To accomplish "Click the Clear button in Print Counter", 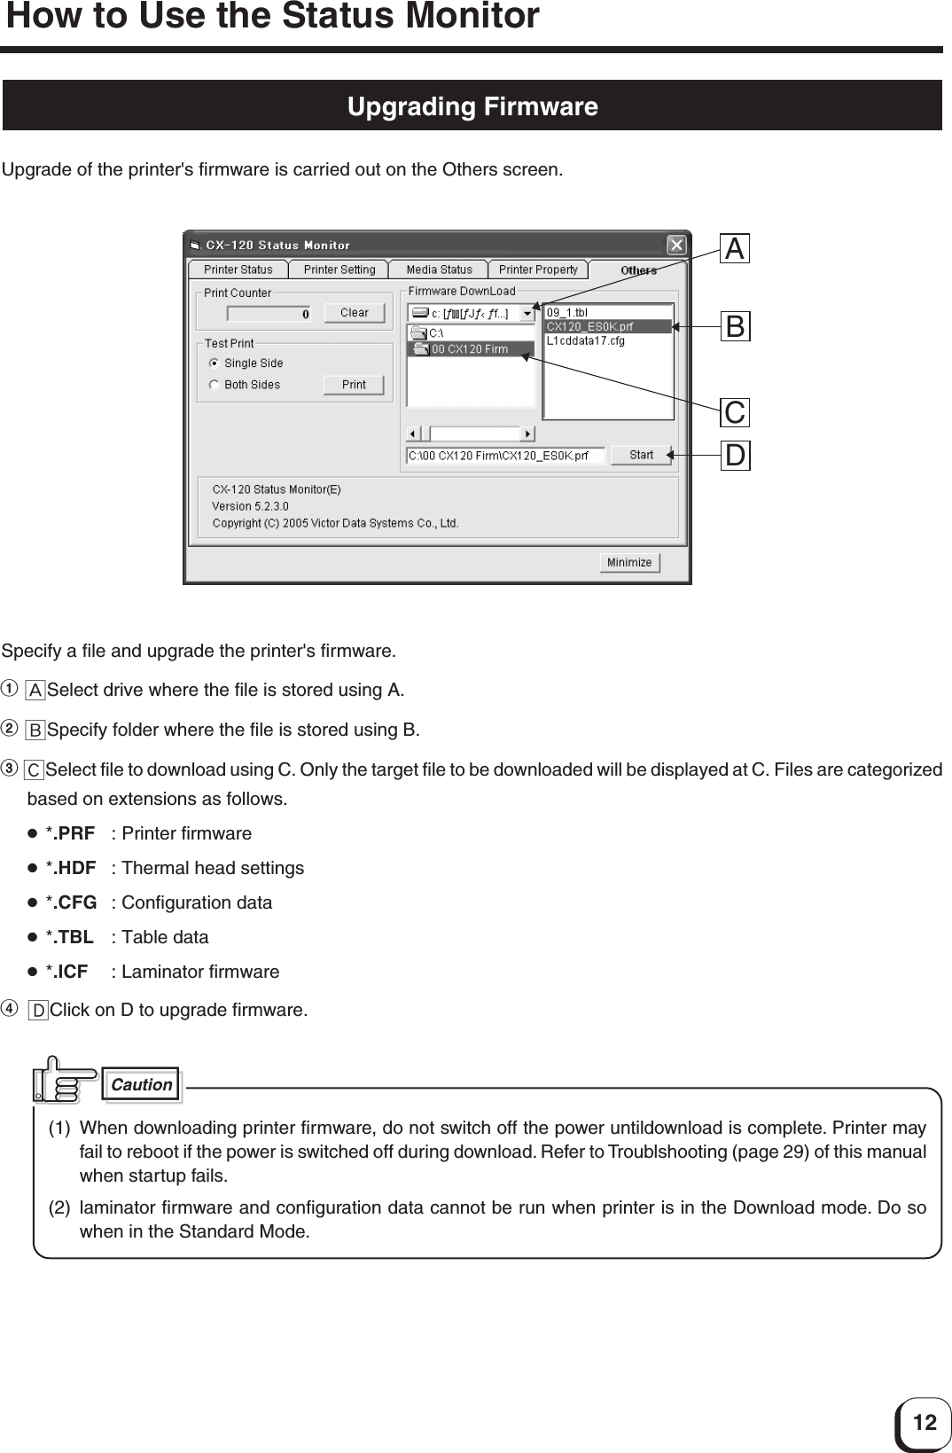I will [x=354, y=313].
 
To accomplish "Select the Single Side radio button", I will [x=214, y=363].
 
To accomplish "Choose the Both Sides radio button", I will [x=214, y=385].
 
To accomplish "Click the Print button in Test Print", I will [x=354, y=385].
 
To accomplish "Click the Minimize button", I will [x=629, y=563].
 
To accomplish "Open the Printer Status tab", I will [x=238, y=270].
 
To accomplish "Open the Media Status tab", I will [x=439, y=270].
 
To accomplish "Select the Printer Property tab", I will [x=538, y=270].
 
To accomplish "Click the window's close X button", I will [x=676, y=245].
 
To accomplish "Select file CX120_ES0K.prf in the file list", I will [x=589, y=326].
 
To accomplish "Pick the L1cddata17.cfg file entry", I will [x=585, y=340].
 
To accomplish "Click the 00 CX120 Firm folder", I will [x=470, y=349].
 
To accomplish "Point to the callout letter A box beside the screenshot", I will [x=735, y=249].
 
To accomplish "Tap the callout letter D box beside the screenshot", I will [x=735, y=456].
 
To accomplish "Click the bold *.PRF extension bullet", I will [x=70, y=833].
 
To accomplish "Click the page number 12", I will [x=924, y=1424].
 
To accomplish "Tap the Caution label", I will [x=142, y=1085].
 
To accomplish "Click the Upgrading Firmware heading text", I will [x=472, y=106].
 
